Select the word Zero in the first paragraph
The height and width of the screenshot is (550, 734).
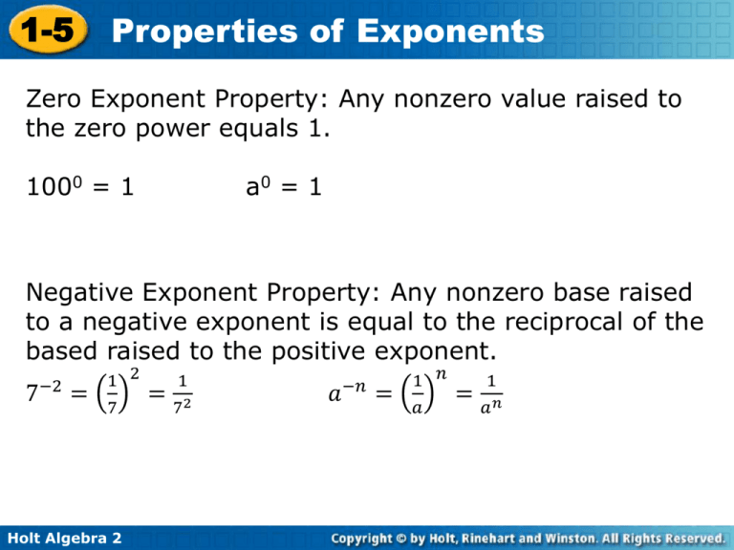click(54, 98)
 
